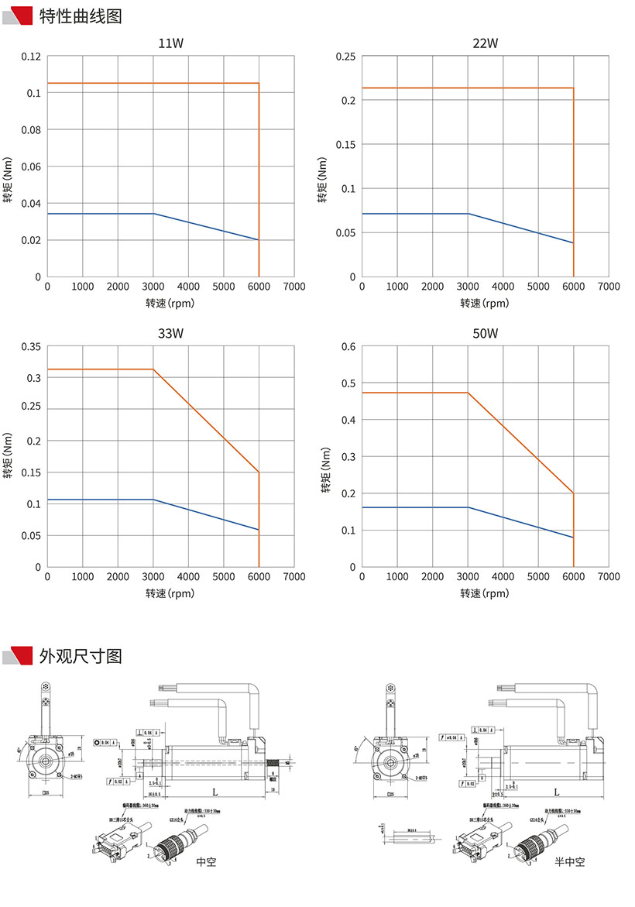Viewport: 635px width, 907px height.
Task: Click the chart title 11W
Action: pyautogui.click(x=170, y=43)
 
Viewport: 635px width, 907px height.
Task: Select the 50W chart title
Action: pyautogui.click(x=486, y=334)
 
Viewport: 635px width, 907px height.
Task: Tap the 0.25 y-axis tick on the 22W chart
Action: pyautogui.click(x=345, y=57)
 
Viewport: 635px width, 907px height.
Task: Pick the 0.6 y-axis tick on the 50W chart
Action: pyautogui.click(x=348, y=346)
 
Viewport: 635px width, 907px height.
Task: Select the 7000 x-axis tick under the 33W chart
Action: pyautogui.click(x=293, y=577)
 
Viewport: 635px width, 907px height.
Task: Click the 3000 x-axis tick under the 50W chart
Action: pyautogui.click(x=468, y=577)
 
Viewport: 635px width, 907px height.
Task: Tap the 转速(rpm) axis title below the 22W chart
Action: pyautogui.click(x=486, y=303)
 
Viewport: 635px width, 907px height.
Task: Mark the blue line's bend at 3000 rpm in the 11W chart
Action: pyautogui.click(x=153, y=213)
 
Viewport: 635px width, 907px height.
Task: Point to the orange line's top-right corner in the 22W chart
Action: pyautogui.click(x=573, y=88)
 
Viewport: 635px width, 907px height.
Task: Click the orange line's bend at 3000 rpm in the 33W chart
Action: pyautogui.click(x=153, y=369)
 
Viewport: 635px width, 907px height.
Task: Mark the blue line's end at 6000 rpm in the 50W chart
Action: pyautogui.click(x=573, y=538)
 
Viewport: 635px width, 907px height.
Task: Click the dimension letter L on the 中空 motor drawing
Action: pyautogui.click(x=214, y=792)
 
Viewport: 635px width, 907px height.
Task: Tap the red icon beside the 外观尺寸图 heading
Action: pyautogui.click(x=19, y=656)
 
